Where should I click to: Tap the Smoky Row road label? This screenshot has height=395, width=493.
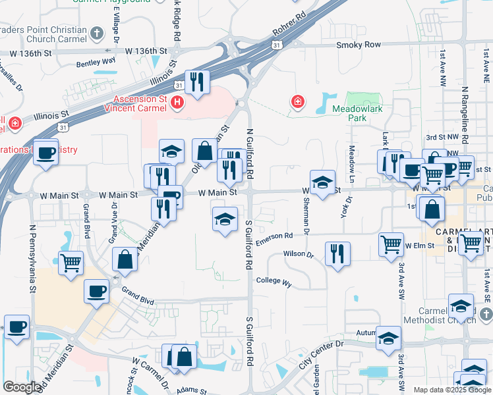click(x=359, y=45)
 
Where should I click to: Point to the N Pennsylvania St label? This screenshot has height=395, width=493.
click(x=32, y=257)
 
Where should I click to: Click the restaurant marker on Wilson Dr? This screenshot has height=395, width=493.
click(x=337, y=253)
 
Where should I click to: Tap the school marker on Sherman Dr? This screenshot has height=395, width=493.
click(x=322, y=182)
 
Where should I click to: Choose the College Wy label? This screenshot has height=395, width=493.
click(x=274, y=280)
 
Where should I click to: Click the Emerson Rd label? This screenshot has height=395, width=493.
click(x=274, y=237)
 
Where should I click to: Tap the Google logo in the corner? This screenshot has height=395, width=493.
click(x=22, y=387)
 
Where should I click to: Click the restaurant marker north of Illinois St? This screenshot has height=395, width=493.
click(x=197, y=81)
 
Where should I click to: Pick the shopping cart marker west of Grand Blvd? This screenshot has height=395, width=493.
click(x=71, y=262)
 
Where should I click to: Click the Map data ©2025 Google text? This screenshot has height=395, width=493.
click(x=451, y=390)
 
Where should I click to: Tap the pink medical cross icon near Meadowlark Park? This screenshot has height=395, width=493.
click(x=298, y=101)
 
